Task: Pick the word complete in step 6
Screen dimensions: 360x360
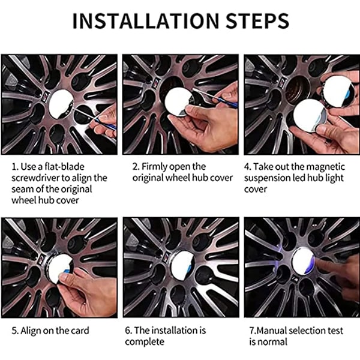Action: (145, 342)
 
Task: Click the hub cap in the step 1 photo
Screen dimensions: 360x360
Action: (61, 104)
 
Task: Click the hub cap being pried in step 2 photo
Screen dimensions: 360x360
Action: (179, 102)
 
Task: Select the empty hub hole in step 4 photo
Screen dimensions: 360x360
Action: (298, 88)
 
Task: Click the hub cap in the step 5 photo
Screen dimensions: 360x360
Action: (59, 266)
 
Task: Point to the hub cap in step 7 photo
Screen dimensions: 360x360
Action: (304, 262)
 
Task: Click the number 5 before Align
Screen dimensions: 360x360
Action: (14, 331)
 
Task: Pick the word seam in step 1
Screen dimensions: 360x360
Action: (21, 190)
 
